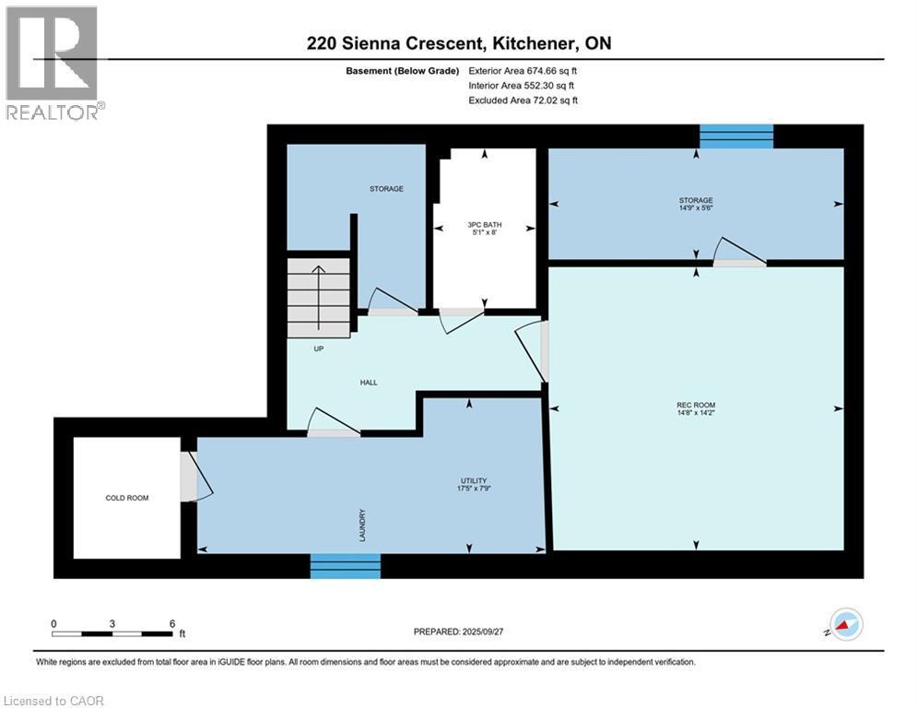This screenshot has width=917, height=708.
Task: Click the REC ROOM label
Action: pyautogui.click(x=696, y=406)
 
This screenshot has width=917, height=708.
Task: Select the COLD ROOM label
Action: pyautogui.click(x=126, y=498)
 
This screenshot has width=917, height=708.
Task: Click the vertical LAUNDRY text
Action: pyautogui.click(x=363, y=525)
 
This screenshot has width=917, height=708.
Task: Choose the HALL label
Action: pyautogui.click(x=369, y=383)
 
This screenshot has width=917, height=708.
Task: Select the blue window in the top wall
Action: pyautogui.click(x=735, y=136)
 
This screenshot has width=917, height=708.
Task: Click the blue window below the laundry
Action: pyautogui.click(x=345, y=566)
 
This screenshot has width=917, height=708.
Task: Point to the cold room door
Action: pyautogui.click(x=190, y=477)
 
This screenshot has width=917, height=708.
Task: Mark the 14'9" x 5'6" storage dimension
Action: pyautogui.click(x=696, y=208)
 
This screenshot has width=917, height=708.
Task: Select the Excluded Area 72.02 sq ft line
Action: pyautogui.click(x=523, y=100)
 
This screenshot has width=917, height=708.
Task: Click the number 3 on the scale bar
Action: pyautogui.click(x=112, y=624)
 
